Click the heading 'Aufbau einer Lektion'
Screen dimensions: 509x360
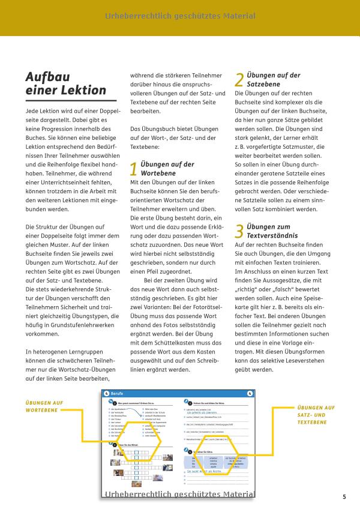click(65, 83)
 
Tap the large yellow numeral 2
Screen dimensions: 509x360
click(239, 80)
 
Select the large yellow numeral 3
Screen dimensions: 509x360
click(239, 231)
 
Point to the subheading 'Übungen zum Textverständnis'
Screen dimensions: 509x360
click(272, 231)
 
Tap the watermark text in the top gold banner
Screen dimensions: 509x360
click(179, 17)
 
